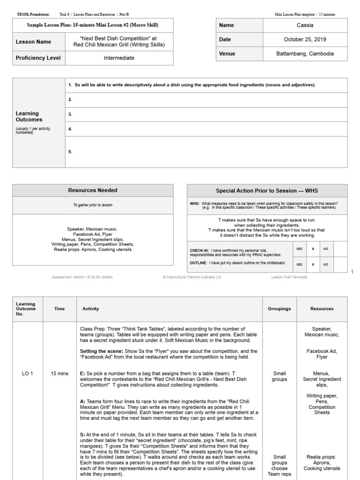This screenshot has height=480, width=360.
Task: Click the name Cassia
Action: coord(305,25)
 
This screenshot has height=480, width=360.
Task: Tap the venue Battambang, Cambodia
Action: coord(305,54)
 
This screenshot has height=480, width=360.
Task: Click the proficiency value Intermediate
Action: coord(119,58)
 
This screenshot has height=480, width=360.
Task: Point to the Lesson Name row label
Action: coord(33,42)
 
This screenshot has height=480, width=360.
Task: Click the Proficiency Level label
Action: coord(38,58)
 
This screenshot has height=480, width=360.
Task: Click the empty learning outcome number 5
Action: coord(70,151)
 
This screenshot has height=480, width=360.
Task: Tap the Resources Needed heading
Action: coord(93,190)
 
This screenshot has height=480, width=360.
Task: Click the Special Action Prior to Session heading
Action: coord(267,191)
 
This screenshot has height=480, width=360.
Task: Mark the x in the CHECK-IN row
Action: coord(313,249)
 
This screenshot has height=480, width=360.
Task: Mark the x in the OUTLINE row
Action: coord(313,264)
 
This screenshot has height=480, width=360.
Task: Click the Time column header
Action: coord(60,309)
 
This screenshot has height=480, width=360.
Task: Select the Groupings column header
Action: coord(279,309)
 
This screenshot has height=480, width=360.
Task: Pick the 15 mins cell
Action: coord(60,374)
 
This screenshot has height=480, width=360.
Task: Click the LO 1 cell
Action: coord(27,374)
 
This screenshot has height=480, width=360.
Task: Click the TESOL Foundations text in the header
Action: coord(33,15)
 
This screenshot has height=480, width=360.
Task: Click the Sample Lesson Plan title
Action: coord(93,25)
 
